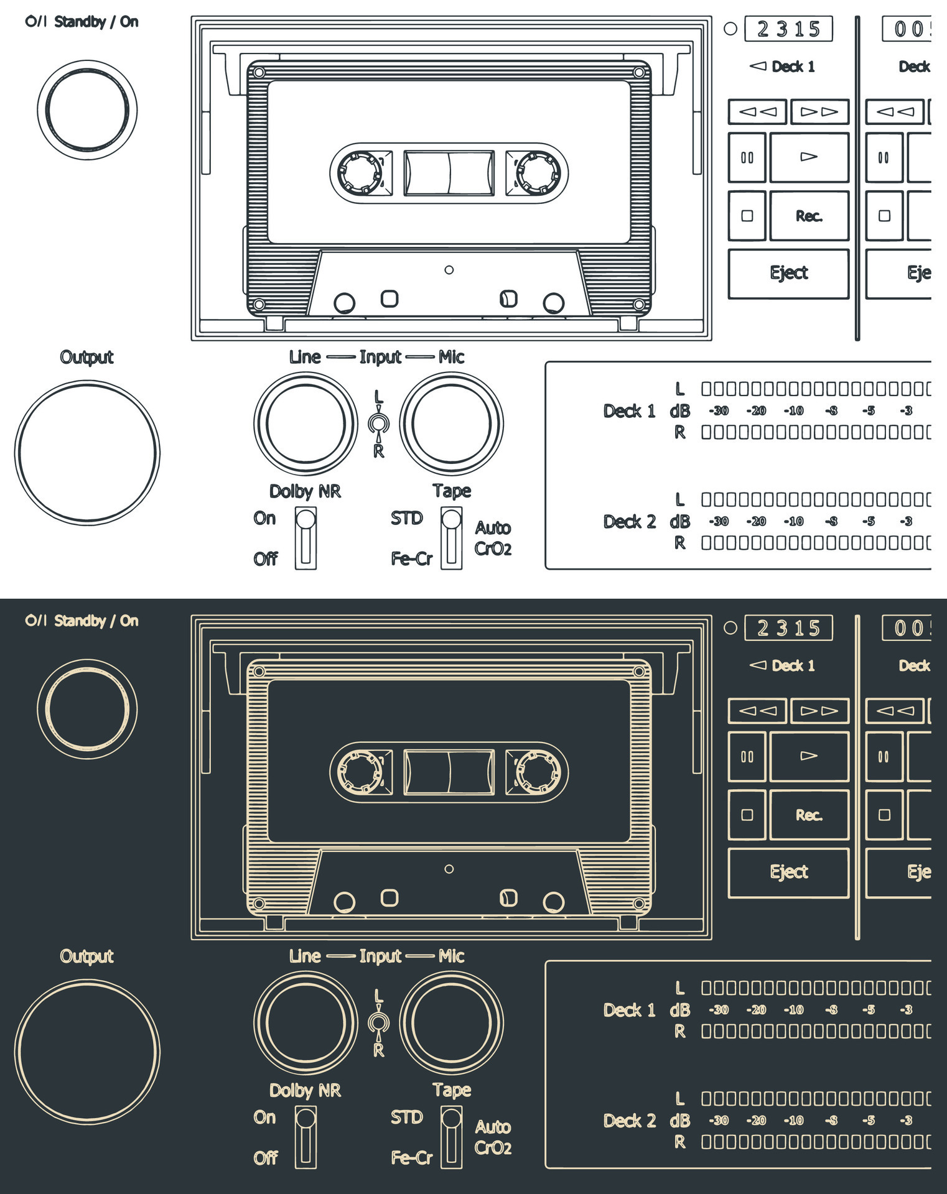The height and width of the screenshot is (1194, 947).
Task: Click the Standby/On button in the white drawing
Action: click(87, 110)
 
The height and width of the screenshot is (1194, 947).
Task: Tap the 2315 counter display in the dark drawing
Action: click(788, 628)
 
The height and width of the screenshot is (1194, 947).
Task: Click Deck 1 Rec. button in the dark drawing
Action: click(809, 815)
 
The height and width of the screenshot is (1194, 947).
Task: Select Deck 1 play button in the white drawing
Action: click(809, 157)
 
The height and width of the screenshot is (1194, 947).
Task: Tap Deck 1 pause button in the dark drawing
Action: click(747, 757)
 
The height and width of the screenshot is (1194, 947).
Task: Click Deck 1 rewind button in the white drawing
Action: click(757, 112)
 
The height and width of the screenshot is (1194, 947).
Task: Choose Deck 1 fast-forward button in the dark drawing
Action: click(819, 711)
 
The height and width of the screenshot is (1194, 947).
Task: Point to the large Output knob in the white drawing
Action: click(87, 452)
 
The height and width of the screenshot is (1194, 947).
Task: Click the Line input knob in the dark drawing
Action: click(306, 1022)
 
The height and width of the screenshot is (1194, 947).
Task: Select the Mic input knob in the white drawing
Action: click(451, 423)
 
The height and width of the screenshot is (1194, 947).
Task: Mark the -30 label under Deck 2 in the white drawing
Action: click(719, 521)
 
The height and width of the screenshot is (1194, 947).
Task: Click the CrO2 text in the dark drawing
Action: click(493, 1147)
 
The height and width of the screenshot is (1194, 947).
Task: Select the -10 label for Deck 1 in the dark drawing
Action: click(793, 1009)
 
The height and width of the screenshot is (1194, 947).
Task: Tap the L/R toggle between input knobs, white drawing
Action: click(378, 424)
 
